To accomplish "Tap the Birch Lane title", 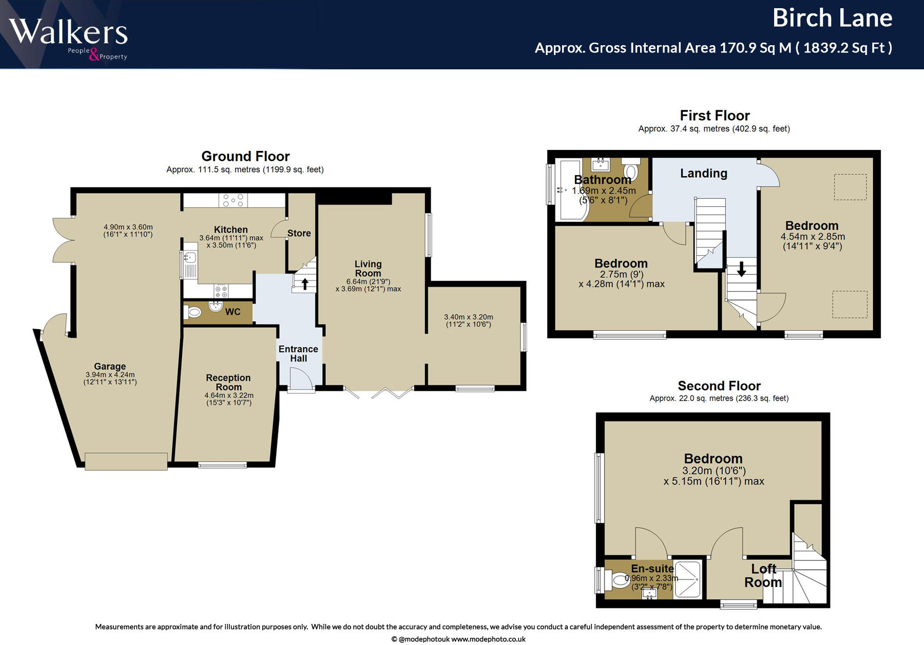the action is pos(832,18).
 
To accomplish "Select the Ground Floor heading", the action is pos(245,156).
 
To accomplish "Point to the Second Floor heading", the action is pos(719,386).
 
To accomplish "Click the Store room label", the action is pos(299,233).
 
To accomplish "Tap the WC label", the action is pos(233,312).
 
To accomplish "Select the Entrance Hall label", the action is pos(298,354).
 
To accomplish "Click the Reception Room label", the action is pos(228,382).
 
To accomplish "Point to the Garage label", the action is pos(110,366).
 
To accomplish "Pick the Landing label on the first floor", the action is pos(704,174).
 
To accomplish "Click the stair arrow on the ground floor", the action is pos(305,283).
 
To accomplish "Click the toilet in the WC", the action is pos(194,312).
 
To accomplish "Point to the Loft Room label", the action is pos(763,576).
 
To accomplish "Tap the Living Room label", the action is pos(368,269).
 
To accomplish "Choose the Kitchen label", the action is pos(231,230).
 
